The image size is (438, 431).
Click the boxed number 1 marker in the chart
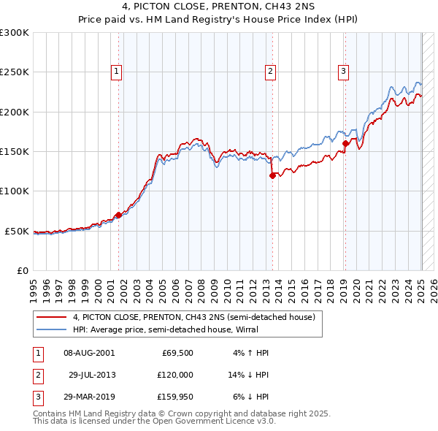point(117,71)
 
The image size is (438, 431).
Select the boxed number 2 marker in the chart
point(270,71)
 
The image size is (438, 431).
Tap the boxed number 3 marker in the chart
point(343,71)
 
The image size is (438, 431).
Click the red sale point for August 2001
point(118,215)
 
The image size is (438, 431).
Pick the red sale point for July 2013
point(272,175)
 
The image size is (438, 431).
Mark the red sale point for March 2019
point(346,144)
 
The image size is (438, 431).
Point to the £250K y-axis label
point(15,72)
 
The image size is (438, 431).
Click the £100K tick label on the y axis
point(15,191)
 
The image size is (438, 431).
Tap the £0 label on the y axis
point(22,270)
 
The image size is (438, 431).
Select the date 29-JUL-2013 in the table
point(92,375)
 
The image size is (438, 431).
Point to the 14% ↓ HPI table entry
point(248,375)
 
